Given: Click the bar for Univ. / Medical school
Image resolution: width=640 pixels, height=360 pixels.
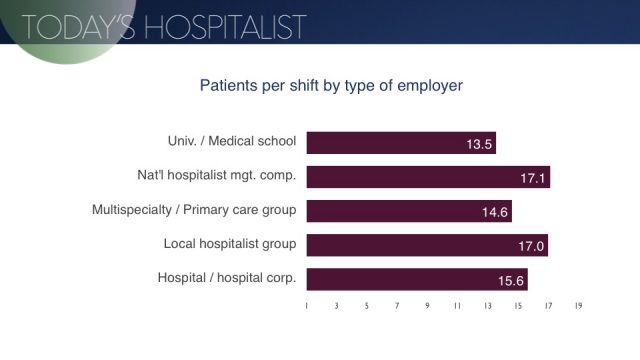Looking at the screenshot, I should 400,143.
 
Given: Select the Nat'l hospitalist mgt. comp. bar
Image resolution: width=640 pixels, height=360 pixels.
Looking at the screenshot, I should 428,177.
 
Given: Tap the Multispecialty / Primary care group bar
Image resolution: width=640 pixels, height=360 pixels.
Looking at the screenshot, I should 409,211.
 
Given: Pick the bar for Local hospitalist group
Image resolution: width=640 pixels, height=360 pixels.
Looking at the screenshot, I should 427,245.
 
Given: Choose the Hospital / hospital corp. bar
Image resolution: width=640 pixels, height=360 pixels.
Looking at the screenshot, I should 416,279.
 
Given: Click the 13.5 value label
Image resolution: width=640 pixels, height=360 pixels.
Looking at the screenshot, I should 479,144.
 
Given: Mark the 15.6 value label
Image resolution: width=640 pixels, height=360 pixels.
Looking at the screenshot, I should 510,280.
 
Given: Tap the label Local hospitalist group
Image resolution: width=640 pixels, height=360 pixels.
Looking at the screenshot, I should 229,245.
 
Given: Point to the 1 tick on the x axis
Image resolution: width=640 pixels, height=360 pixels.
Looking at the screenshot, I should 307,308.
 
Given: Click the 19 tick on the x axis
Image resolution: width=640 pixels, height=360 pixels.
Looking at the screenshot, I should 578,308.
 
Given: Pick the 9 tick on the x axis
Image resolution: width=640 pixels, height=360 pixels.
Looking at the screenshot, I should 427,308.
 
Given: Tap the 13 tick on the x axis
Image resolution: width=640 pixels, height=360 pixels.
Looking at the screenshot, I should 487,308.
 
